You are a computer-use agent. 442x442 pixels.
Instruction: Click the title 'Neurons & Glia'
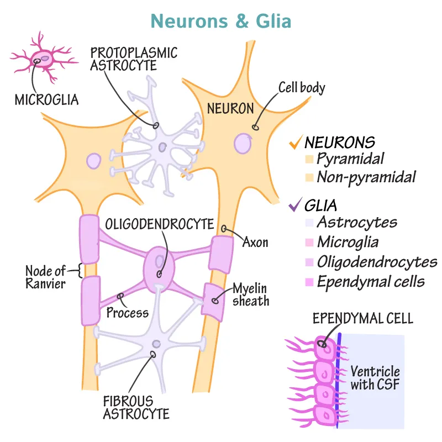coord(221,20)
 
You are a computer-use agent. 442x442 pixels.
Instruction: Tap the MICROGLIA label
coord(46,99)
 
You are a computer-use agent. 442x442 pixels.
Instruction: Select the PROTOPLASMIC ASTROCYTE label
coord(134,59)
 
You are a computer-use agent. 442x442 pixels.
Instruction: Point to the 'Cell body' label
coord(301,87)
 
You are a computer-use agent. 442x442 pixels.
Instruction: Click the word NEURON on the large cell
coord(230,108)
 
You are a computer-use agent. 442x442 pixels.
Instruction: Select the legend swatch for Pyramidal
coord(309,160)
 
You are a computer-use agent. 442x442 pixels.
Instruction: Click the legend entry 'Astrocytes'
coord(357,223)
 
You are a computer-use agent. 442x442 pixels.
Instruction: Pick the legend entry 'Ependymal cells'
coord(371,281)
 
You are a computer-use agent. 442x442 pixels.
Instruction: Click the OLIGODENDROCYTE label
coord(160,224)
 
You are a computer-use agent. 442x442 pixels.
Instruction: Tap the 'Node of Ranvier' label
coord(45,277)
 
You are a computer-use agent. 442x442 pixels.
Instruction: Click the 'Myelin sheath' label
coord(250,294)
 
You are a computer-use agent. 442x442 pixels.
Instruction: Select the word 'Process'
coord(128,313)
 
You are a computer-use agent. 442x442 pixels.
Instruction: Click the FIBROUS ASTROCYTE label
coord(136,406)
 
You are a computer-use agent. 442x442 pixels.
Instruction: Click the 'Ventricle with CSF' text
coord(375,378)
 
